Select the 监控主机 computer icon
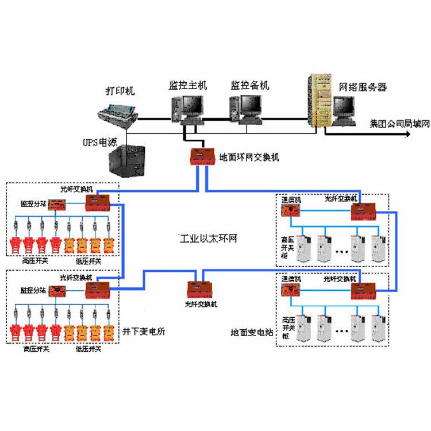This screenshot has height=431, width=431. (x=187, y=108)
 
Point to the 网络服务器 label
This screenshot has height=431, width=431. (x=363, y=87)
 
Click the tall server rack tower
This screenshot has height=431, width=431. (x=320, y=101)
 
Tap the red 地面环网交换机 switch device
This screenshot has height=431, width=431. (x=203, y=156)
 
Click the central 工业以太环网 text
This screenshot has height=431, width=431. (x=206, y=238)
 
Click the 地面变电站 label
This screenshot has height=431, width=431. (x=251, y=332)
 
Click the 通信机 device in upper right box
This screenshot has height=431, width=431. (x=290, y=211)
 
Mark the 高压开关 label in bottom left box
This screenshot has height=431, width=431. (x=35, y=349)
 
